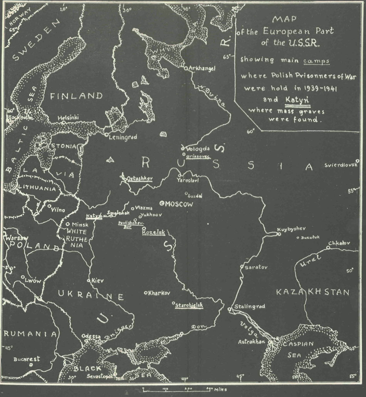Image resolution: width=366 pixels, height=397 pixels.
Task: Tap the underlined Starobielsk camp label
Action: pos(189,305)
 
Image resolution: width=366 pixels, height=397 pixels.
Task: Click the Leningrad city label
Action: pos(123,136)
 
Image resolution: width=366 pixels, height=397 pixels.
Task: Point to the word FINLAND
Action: pos(77,96)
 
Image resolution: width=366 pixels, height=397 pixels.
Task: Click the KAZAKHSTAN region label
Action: pos(313,292)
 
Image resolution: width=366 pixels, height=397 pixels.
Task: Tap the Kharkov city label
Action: pos(159,293)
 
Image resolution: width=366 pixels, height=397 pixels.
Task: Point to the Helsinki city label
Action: pos(68,118)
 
